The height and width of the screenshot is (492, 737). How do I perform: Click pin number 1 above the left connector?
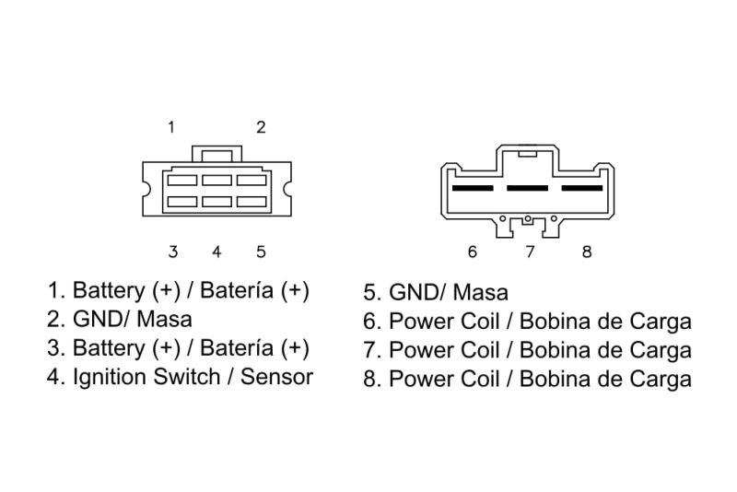171,127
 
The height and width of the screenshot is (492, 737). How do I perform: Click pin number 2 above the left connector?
261,127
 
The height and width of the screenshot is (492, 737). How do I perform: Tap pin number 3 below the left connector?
173,252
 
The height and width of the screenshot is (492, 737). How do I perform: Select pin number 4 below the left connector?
216,252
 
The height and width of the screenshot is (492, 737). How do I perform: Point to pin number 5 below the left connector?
262,252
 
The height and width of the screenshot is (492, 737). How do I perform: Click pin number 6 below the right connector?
473,252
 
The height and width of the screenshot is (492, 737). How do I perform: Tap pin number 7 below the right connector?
531,252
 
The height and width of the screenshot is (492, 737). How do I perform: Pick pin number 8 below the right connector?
587,252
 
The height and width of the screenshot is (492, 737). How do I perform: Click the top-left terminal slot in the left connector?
182,181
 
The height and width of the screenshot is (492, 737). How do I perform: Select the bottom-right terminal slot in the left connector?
252,202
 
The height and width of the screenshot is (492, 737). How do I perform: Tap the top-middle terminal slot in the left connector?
217,181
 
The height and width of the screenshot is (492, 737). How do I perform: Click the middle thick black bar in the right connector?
527,189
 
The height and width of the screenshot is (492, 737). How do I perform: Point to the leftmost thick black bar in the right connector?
473,189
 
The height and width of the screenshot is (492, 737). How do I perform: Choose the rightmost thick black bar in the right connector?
582,189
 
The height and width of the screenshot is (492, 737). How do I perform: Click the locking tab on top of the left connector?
217,154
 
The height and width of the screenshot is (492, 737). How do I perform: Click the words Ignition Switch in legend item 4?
146,378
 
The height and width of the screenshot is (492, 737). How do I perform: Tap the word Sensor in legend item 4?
277,378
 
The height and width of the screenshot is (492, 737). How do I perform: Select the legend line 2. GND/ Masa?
120,320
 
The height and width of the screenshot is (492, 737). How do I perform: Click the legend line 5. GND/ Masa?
436,292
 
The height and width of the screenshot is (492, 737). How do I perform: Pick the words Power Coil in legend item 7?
444,350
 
